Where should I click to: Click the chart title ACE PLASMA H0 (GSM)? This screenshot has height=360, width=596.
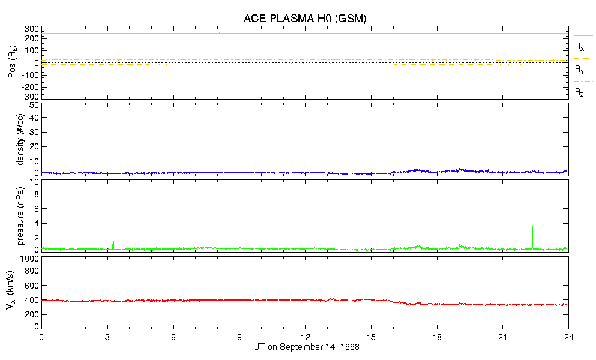click(x=304, y=19)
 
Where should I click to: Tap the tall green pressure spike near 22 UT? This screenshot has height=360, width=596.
click(x=532, y=235)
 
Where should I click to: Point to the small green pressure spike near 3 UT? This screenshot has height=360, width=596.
click(x=113, y=244)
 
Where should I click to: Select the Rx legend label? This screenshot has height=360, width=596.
click(x=580, y=46)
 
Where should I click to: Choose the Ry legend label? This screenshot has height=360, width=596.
click(x=580, y=69)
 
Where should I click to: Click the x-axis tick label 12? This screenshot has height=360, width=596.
click(x=305, y=338)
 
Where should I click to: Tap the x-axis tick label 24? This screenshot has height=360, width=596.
click(x=568, y=338)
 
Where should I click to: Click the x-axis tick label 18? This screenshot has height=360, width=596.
click(x=437, y=338)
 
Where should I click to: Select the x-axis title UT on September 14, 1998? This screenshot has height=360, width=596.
click(x=304, y=347)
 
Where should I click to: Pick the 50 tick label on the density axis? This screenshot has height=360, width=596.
click(x=34, y=105)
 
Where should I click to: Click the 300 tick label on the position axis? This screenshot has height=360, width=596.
click(x=31, y=29)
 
